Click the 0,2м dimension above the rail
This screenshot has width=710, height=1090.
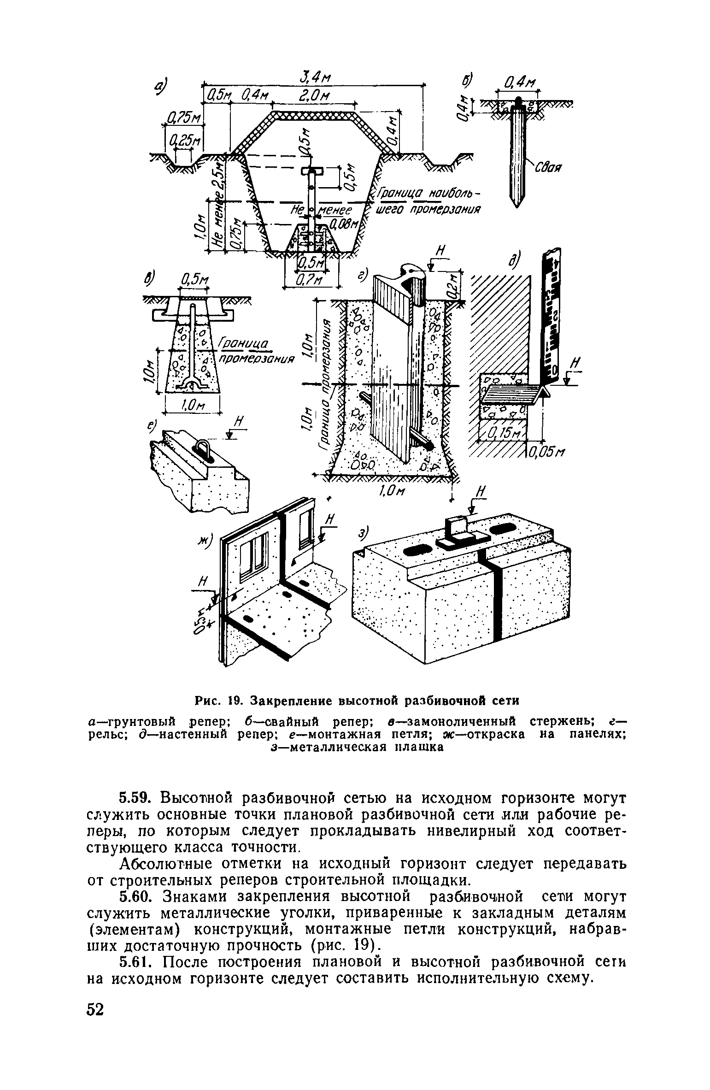(453, 285)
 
